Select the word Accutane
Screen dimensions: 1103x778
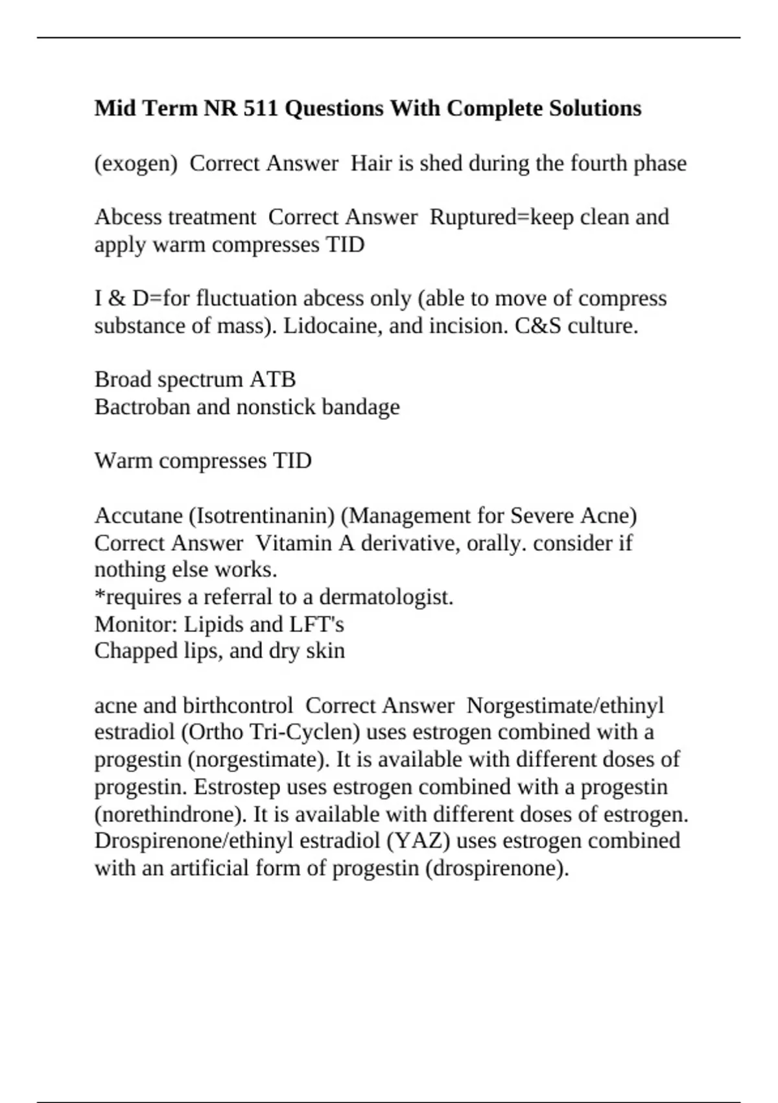click(138, 516)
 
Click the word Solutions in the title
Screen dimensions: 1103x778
click(595, 108)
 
